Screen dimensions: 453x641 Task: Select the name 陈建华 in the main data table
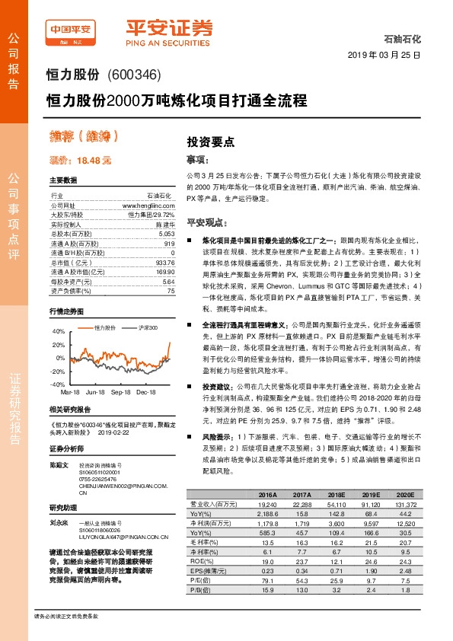coord(164,225)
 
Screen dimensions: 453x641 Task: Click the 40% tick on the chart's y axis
coord(59,331)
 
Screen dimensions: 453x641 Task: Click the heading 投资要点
coord(211,142)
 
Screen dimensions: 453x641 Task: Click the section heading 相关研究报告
coord(69,409)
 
